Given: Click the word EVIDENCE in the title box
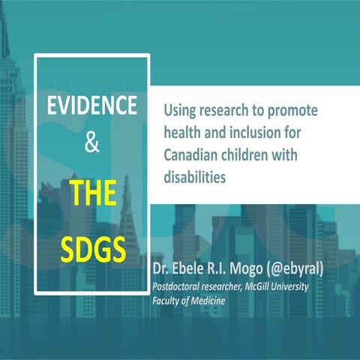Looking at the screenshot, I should pyautogui.click(x=92, y=106).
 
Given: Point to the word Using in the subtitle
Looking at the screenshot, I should pyautogui.click(x=179, y=111).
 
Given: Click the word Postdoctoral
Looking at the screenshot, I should pyautogui.click(x=184, y=287).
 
